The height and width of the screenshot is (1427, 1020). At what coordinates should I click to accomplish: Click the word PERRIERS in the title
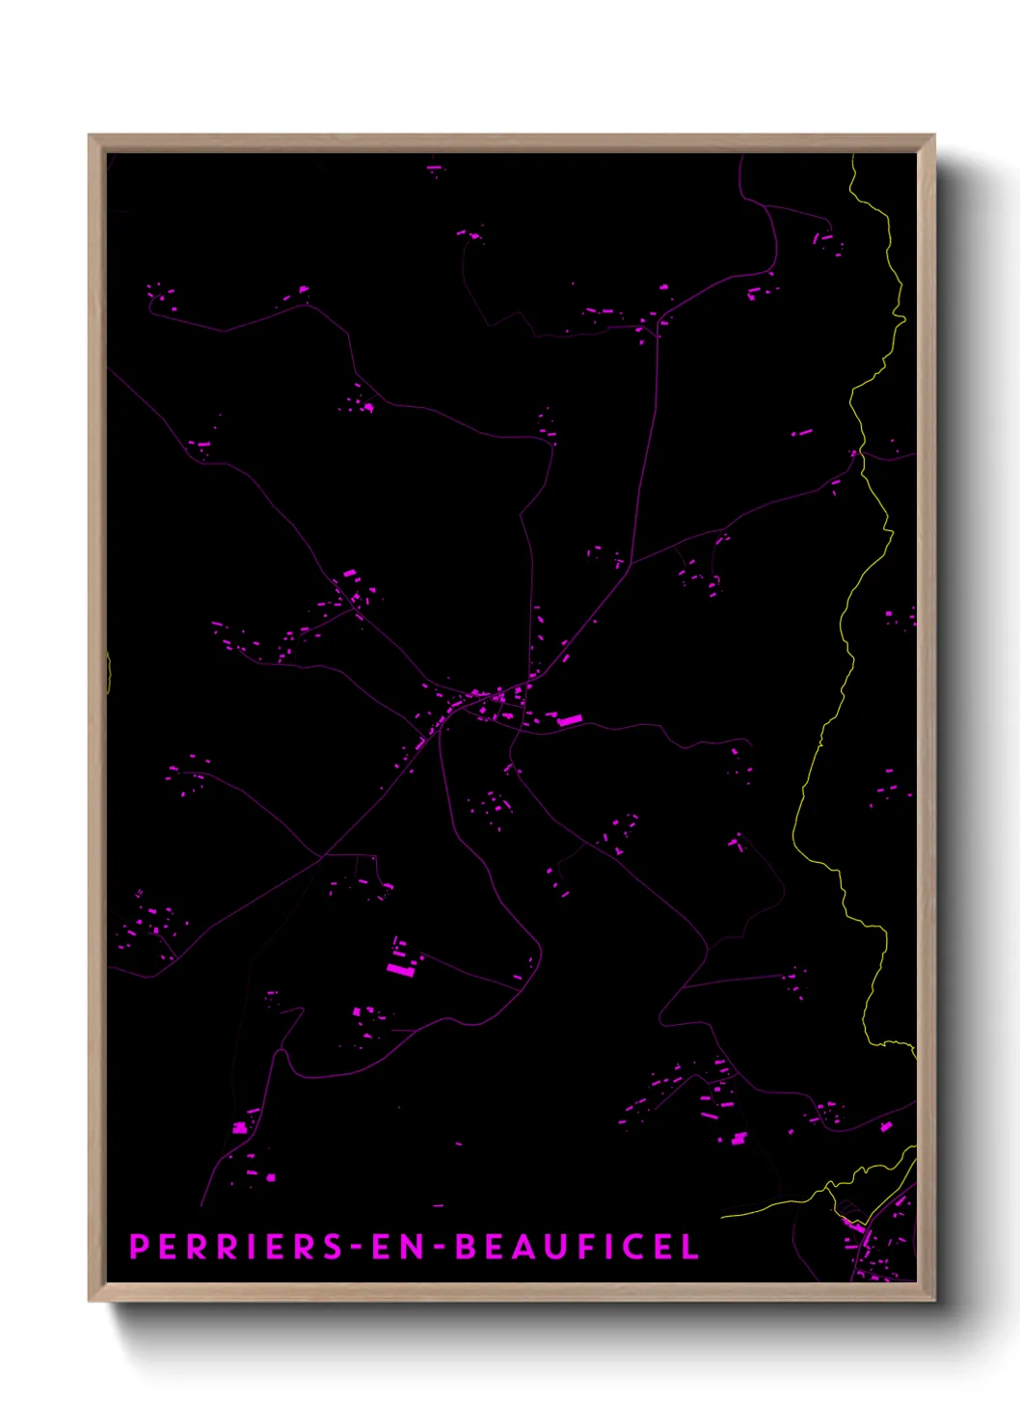click(236, 1247)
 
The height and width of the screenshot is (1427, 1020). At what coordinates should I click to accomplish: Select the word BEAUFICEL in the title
click(577, 1247)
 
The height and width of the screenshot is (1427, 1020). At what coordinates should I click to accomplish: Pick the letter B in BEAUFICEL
click(467, 1247)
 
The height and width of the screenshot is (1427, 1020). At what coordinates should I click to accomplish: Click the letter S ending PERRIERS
click(331, 1247)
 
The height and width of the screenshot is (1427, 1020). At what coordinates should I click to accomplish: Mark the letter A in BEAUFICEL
click(529, 1247)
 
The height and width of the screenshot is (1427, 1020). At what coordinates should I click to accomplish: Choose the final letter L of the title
click(690, 1247)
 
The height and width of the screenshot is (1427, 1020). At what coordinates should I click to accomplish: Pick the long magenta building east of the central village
click(571, 720)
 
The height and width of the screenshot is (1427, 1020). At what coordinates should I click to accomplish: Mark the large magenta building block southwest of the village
click(400, 969)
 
